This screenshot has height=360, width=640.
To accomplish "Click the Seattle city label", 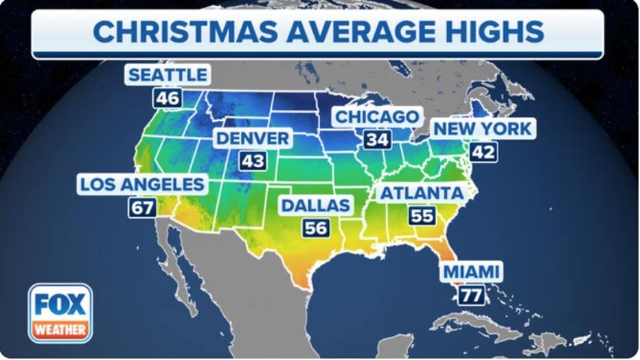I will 167,75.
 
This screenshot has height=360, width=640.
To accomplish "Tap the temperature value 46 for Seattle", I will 167,98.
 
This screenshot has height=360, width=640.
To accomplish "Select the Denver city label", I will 252,138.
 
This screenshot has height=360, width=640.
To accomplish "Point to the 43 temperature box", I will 252,161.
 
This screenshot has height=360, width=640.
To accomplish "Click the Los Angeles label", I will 142,184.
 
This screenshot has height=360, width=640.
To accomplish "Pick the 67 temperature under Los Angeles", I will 142,207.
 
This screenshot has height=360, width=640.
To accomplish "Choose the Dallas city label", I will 316,205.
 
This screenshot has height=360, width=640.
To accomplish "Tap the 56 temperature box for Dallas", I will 316,227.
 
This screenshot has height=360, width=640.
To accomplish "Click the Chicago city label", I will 376,117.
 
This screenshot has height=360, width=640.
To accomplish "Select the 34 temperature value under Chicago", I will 377,139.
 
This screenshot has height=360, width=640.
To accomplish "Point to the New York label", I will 483,128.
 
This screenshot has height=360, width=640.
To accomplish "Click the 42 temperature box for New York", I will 483,151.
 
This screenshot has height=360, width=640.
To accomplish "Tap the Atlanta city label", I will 422,192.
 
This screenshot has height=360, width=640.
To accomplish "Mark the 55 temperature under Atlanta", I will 422,215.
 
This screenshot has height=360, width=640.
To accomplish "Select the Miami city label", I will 471,271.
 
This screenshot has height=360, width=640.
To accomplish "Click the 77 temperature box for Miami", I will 472,295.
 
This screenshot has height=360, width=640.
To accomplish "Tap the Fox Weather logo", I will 60,313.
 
